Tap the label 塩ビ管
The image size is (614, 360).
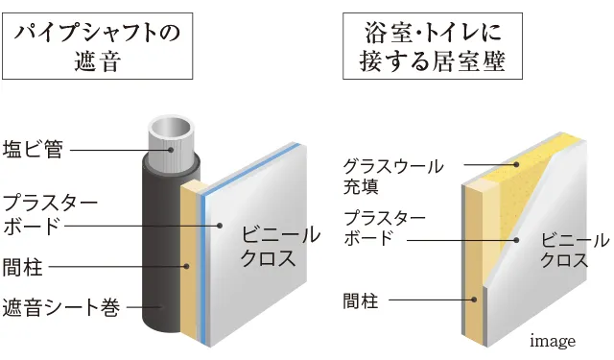pos(33,149)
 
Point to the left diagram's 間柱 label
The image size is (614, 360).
pos(22,265)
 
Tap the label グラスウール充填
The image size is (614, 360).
pos(381,175)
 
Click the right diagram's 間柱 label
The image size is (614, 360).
pos(362,302)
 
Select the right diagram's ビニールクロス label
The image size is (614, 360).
pos(574,250)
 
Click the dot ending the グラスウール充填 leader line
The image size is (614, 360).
pos(515,164)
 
